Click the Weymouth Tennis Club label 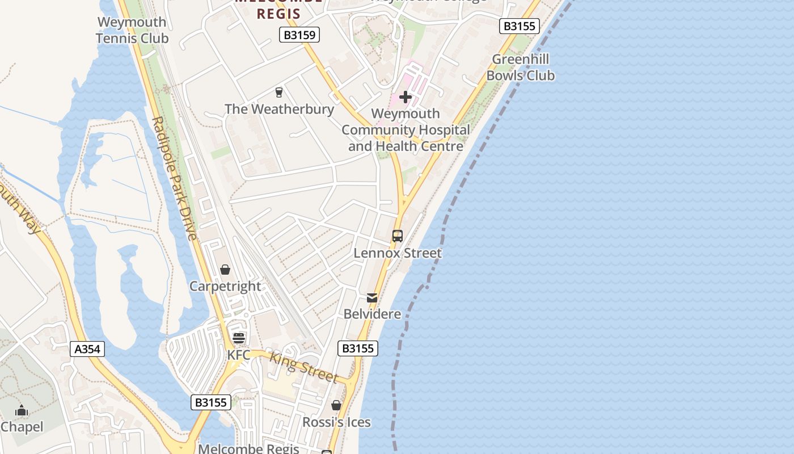[x=132, y=31]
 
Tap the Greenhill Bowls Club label [x=520, y=68]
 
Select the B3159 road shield [x=300, y=35]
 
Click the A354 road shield [x=88, y=348]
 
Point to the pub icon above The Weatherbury [x=279, y=92]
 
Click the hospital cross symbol [x=406, y=97]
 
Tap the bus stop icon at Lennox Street [x=398, y=236]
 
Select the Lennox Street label [x=397, y=253]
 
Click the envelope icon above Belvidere [x=372, y=297]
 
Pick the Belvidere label [x=372, y=314]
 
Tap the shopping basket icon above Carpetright [x=225, y=270]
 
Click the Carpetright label [x=225, y=286]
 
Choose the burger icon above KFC [x=239, y=339]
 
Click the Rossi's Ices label [x=336, y=422]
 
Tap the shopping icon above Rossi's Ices [x=336, y=405]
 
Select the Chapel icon [x=22, y=410]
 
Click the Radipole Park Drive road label [x=175, y=179]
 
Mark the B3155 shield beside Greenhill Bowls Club [x=519, y=26]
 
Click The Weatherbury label [x=279, y=109]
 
